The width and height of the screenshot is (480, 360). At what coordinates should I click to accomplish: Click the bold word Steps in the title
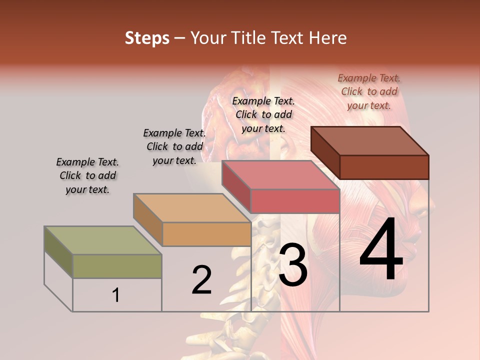click(x=147, y=38)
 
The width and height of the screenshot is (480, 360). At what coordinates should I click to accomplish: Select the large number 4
click(x=381, y=250)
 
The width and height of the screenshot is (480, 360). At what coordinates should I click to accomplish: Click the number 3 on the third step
click(x=293, y=265)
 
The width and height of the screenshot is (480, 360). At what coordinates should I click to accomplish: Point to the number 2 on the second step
click(x=201, y=280)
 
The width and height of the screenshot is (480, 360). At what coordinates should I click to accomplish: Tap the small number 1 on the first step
click(x=115, y=295)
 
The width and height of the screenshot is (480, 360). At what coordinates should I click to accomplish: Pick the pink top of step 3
click(x=280, y=175)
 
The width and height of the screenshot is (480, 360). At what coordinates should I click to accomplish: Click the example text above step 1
click(x=87, y=176)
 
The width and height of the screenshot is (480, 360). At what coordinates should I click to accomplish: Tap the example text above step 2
click(x=174, y=147)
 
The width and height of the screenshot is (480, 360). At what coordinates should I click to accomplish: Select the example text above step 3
click(x=263, y=114)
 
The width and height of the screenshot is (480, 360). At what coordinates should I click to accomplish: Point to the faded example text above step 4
click(x=369, y=91)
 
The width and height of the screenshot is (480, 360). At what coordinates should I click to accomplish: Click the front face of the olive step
click(x=117, y=266)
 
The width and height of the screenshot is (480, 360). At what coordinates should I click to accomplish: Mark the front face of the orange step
click(x=206, y=234)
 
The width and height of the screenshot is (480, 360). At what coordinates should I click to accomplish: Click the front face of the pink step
click(x=295, y=201)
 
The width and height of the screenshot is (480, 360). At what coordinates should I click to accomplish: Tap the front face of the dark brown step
click(x=384, y=167)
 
